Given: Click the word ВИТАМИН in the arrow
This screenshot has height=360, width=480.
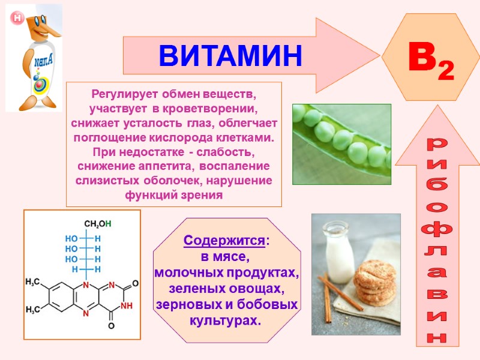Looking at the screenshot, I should click(230, 56).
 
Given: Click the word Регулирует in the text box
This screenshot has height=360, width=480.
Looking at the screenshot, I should click(119, 95).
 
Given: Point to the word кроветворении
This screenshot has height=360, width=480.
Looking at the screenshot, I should click(221, 109).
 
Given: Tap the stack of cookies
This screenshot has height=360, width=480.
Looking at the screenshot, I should click(374, 282).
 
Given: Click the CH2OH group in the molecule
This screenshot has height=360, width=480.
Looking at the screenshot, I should click(97, 224).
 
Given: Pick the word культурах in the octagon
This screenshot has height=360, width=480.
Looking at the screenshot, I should click(225, 320).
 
